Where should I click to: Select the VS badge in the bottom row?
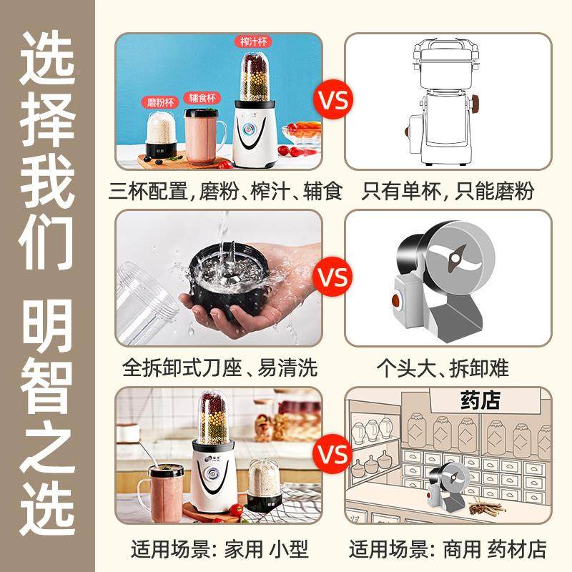tap(333, 455)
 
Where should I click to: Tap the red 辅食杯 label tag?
tap(204, 97)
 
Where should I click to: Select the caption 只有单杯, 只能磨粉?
tap(448, 191)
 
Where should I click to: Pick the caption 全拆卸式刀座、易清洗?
tap(220, 368)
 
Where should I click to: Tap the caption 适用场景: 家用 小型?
tap(220, 549)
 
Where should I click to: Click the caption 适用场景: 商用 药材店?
tap(448, 549)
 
